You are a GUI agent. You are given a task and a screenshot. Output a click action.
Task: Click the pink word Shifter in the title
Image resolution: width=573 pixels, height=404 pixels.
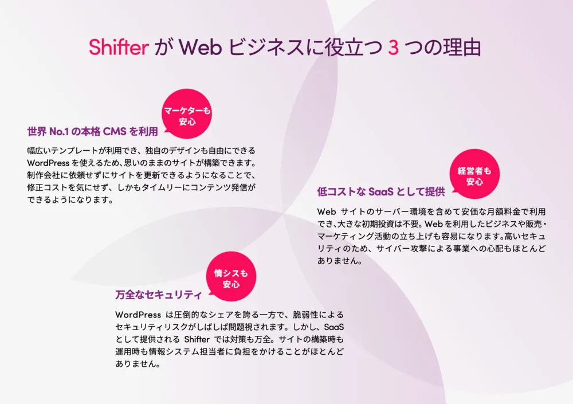[x=119, y=47]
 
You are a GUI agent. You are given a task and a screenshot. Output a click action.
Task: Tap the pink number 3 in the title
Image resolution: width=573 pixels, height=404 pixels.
[x=393, y=47]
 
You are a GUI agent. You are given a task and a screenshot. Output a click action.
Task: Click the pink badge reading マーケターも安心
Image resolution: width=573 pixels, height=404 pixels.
[x=187, y=115]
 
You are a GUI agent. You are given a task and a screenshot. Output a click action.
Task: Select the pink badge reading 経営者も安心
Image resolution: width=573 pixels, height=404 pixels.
[x=474, y=175]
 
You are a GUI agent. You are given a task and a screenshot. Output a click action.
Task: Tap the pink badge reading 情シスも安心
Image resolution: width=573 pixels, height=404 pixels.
[x=231, y=278]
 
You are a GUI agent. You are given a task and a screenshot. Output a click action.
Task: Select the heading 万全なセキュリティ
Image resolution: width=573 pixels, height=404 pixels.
[x=158, y=295]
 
